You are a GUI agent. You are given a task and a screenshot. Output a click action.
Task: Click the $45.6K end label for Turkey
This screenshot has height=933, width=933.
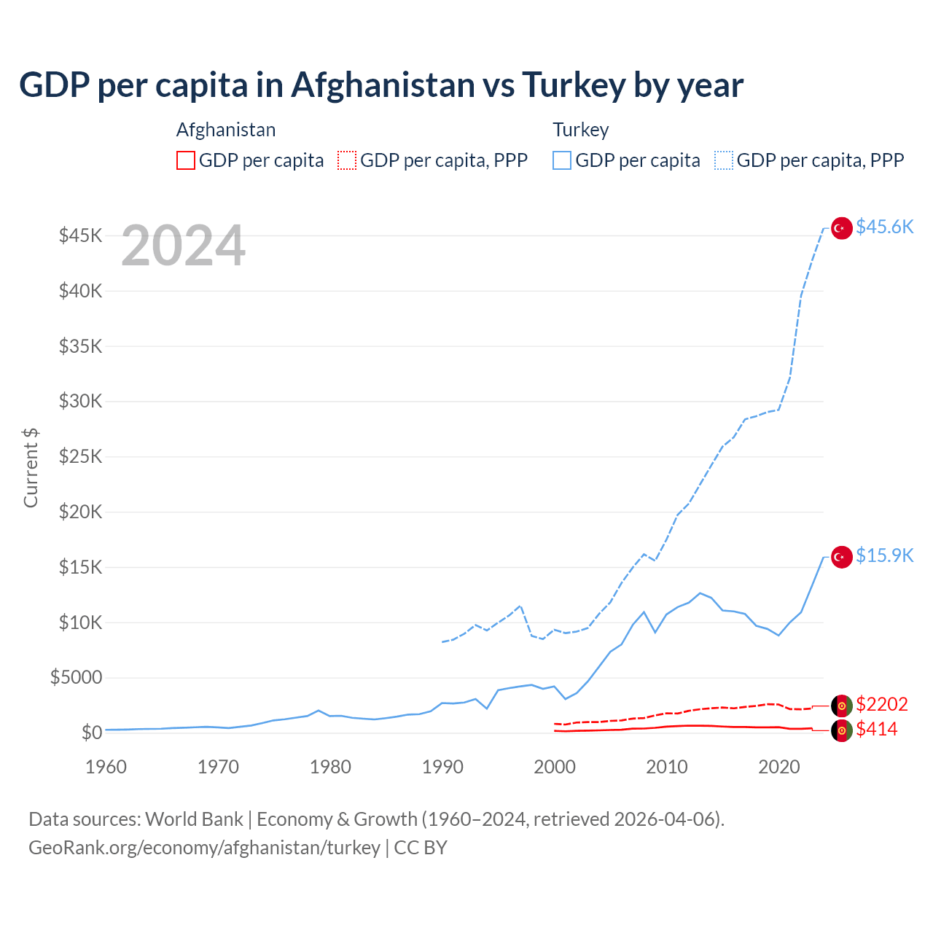pos(884,227)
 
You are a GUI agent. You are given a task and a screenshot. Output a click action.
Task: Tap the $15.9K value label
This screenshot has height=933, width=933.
pos(884,556)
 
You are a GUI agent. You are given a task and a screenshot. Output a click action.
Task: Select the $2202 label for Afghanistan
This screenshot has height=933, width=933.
pos(881,704)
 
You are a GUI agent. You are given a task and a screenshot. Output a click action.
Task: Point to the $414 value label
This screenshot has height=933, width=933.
pos(876,730)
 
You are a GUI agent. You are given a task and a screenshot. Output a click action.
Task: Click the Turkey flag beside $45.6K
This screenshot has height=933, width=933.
pos(842,228)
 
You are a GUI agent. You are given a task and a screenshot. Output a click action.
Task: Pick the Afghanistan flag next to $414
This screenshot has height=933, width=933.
pos(842,730)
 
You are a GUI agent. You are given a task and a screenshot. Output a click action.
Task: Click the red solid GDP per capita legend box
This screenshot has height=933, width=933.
pos(186,160)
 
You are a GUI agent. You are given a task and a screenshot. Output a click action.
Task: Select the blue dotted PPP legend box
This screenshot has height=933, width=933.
pos(724,160)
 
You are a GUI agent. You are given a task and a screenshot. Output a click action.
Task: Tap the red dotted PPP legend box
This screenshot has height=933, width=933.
pos(347,160)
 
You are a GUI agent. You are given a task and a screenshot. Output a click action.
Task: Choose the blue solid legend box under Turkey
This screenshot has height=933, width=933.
pos(562,160)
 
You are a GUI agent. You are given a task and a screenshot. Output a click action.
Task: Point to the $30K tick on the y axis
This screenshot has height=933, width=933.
pos(81,402)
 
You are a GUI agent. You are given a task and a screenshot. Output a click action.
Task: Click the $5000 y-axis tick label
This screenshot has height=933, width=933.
pos(77,678)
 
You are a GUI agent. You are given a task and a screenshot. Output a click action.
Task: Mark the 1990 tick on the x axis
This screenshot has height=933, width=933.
pos(442,767)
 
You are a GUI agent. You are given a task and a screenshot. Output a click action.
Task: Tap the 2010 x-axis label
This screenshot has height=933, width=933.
pos(667,767)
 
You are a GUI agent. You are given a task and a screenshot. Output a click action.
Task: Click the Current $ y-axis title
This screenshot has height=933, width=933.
pos(31,468)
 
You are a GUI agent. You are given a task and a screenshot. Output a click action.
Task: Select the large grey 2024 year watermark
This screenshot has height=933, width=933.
pos(183,246)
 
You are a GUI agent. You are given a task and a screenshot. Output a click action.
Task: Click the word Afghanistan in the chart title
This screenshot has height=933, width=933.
pos(383,85)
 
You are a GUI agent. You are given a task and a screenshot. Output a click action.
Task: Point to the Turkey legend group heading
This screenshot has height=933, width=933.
pos(581,130)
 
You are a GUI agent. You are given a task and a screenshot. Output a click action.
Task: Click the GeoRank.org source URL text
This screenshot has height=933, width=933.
pos(204,848)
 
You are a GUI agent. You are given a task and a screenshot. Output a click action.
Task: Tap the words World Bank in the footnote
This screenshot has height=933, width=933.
pos(194,819)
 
